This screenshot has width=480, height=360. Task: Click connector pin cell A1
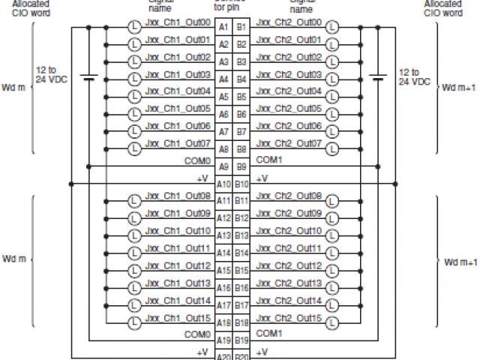pyautogui.click(x=223, y=28)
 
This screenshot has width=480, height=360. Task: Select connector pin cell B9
pyautogui.click(x=241, y=166)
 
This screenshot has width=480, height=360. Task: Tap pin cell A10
pyautogui.click(x=223, y=184)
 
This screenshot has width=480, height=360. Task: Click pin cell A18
pyautogui.click(x=223, y=322)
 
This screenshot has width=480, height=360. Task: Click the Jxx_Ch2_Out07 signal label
pyautogui.click(x=289, y=142)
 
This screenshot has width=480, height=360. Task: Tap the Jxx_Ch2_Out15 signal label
pyautogui.click(x=289, y=317)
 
